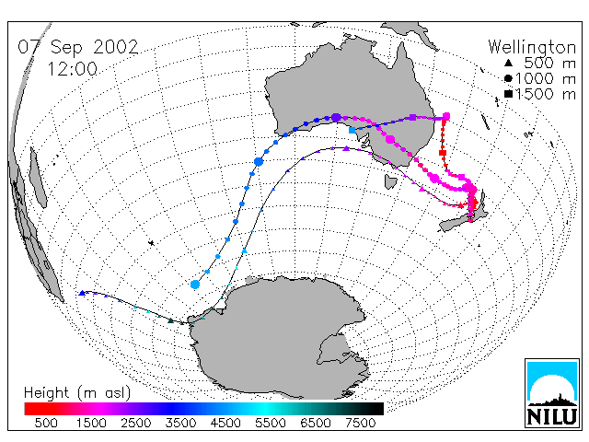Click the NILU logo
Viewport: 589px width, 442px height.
point(552,393)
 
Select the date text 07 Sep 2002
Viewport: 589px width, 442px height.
point(78,47)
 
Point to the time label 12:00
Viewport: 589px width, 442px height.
point(72,69)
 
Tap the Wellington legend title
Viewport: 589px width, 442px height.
point(532,47)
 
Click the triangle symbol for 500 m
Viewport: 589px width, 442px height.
point(508,63)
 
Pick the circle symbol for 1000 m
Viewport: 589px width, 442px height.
point(508,78)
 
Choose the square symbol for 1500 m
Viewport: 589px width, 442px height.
point(508,94)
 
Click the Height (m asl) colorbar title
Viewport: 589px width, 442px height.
point(77,393)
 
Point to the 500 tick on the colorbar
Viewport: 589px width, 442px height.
point(46,423)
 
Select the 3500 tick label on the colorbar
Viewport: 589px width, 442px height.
point(180,423)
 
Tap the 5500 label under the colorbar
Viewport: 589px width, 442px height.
point(270,423)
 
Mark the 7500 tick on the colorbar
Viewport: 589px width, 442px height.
point(360,423)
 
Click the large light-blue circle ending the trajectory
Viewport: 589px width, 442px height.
point(195,285)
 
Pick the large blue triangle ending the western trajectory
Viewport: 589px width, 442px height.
point(82,293)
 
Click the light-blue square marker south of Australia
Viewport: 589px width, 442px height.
point(352,130)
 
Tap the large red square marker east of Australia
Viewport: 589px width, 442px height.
point(443,153)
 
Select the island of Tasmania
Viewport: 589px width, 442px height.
point(390,182)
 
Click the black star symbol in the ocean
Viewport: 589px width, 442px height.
point(151,243)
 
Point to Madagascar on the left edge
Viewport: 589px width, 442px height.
point(38,178)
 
